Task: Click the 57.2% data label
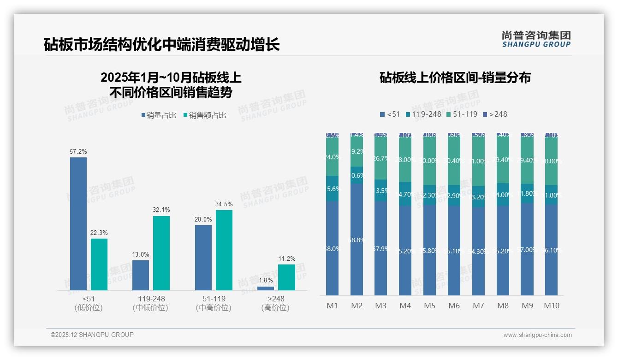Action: (78, 151)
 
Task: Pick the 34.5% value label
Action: (224, 204)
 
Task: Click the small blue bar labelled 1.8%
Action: (266, 288)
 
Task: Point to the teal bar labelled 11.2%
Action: (286, 277)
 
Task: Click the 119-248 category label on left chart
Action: (150, 299)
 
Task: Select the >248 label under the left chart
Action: (276, 299)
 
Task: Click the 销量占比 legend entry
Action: (159, 115)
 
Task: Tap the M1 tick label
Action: (332, 306)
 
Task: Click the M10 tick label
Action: (551, 306)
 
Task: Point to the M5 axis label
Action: (429, 306)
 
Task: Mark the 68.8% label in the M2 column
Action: (357, 240)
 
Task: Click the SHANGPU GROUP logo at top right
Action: (536, 39)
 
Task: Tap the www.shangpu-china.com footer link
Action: (537, 335)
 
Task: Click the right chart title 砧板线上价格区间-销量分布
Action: (455, 78)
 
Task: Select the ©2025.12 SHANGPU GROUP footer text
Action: (92, 335)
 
